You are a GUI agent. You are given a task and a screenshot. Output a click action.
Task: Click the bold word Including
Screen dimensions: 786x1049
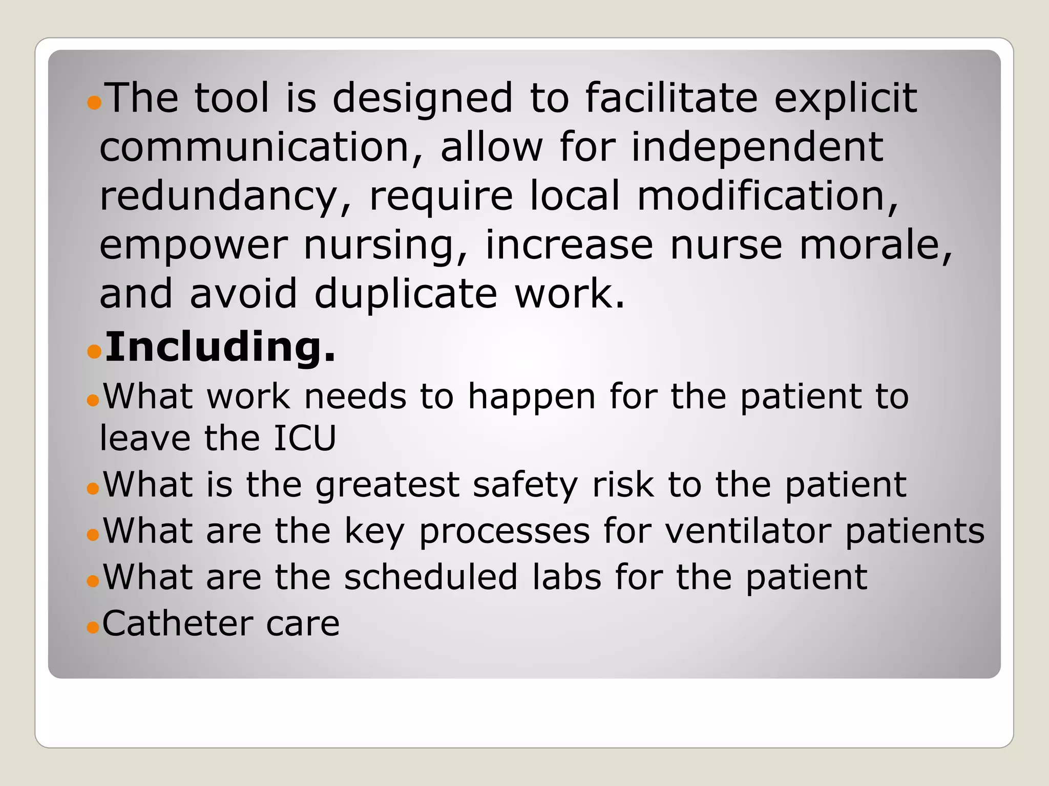[220, 347]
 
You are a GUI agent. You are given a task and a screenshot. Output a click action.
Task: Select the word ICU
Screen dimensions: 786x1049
[305, 438]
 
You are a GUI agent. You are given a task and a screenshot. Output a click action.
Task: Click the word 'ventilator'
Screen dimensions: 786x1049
[748, 531]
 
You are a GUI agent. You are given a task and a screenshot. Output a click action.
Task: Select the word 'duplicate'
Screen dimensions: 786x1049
[406, 294]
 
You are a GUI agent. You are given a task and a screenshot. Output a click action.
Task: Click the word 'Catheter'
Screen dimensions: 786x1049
[177, 623]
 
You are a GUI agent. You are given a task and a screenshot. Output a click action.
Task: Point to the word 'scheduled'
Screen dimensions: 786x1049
[431, 577]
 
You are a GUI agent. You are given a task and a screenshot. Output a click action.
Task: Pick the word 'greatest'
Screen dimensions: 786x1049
[387, 485]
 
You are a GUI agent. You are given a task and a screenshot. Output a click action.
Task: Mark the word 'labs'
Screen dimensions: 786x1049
[567, 577]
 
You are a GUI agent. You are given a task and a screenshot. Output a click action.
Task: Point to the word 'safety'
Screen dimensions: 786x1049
[525, 485]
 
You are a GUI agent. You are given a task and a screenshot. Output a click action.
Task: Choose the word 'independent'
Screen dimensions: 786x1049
[757, 147]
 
